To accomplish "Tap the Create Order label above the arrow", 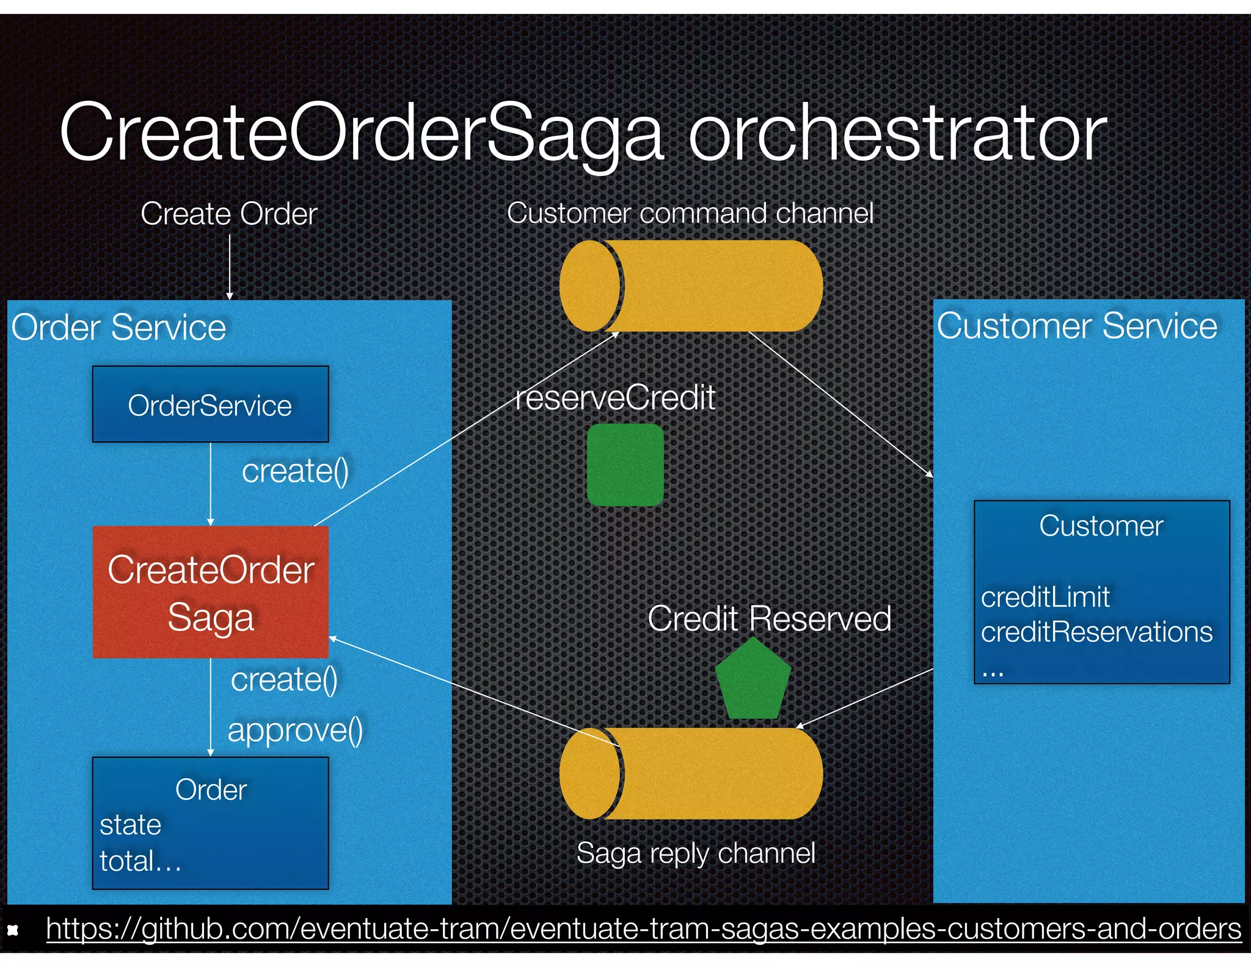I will tap(228, 214).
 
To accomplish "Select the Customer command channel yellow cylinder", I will tap(691, 286).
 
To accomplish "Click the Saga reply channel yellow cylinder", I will tap(691, 773).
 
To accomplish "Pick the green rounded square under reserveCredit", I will tap(625, 465).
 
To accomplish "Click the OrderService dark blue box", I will tap(210, 405).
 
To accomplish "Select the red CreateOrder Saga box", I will tap(210, 592).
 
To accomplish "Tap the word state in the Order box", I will tap(130, 825).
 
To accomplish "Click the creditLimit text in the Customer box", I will tap(1045, 597).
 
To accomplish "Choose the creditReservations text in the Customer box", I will tap(1096, 632).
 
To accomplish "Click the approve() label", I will tap(295, 730).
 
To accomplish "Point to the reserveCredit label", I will tap(615, 398).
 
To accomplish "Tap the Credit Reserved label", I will tap(769, 619).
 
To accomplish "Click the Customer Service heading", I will tap(1077, 326).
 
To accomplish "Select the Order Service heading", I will tap(119, 328).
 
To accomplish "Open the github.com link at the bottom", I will tap(643, 929).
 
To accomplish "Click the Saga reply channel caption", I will tap(695, 853).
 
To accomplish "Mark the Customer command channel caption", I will tap(690, 213).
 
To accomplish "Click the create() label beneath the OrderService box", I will tap(295, 471).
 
